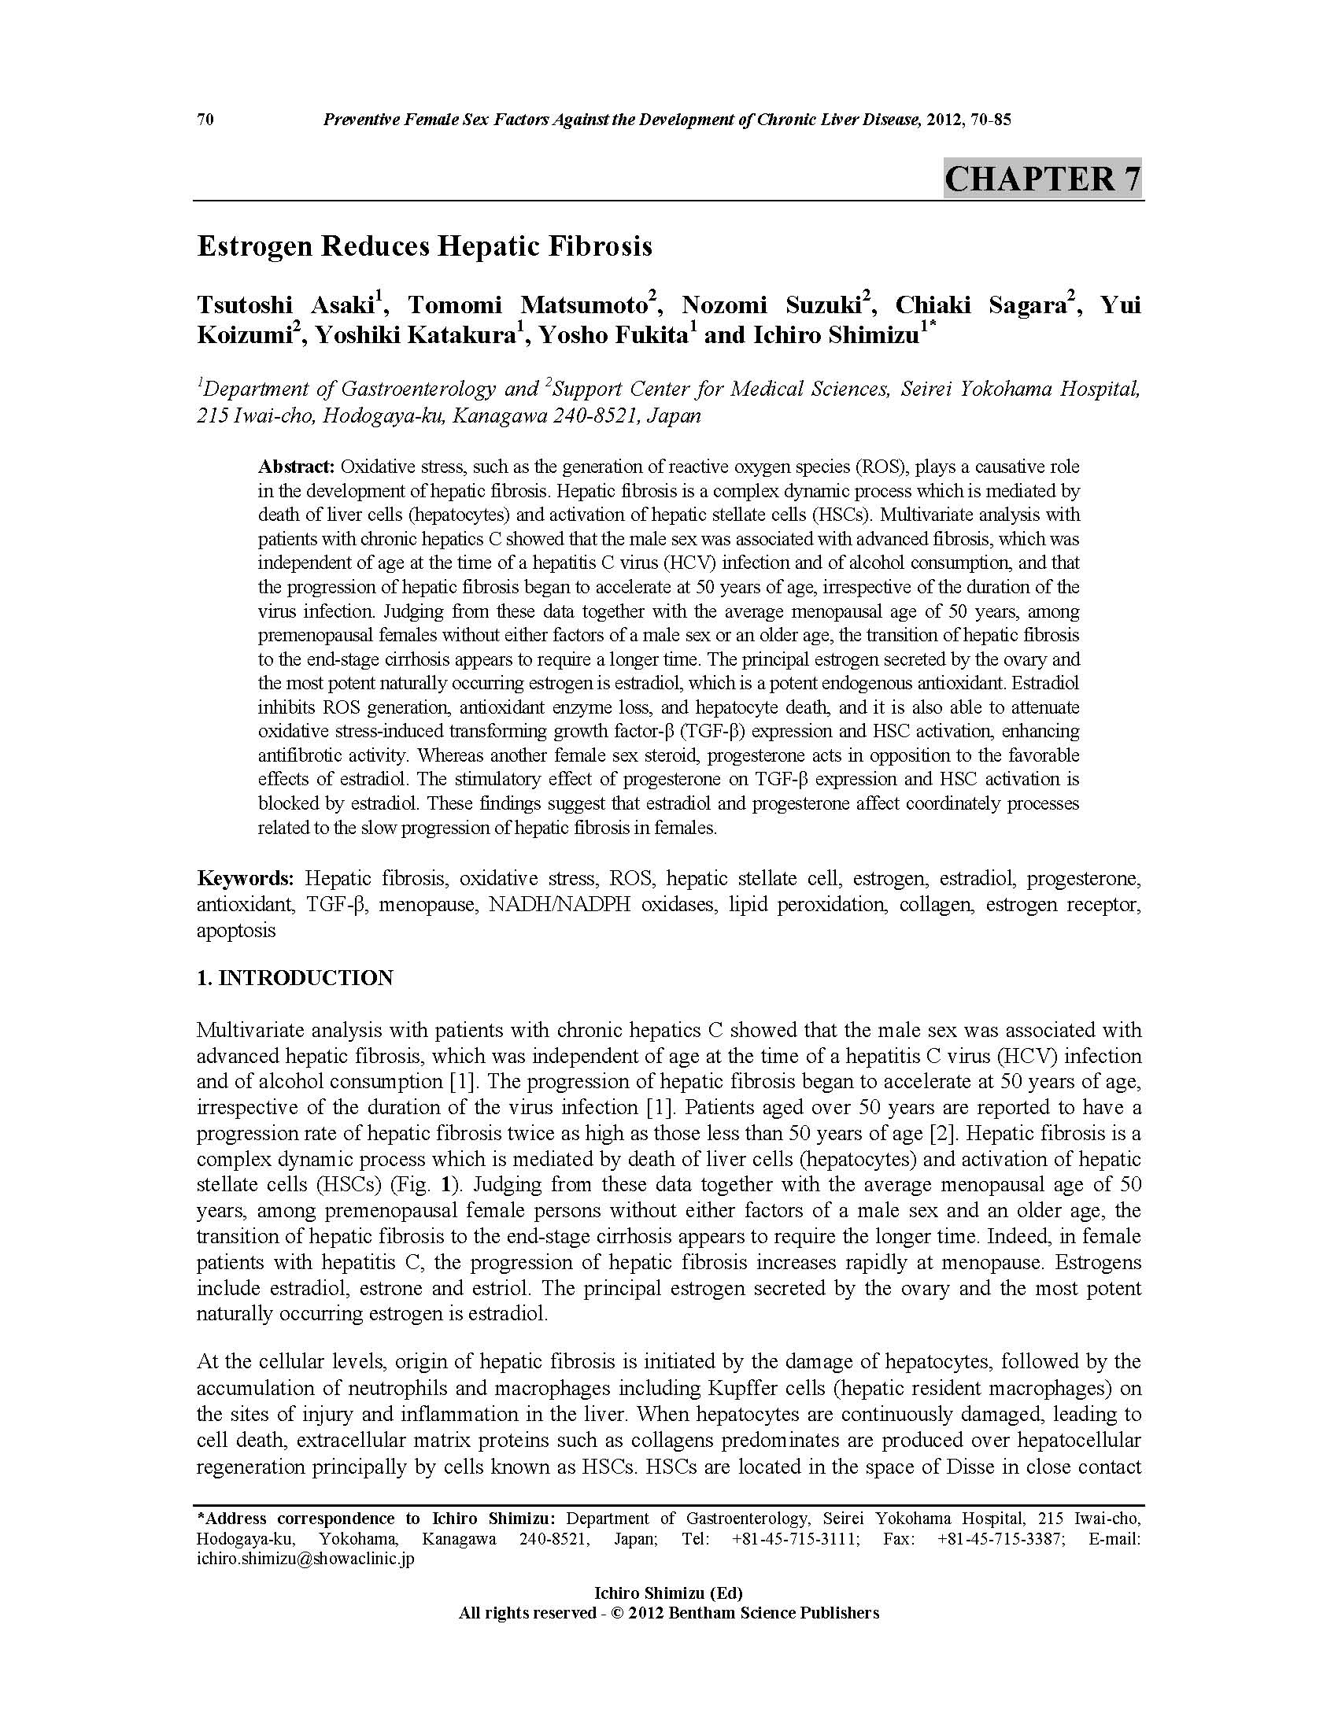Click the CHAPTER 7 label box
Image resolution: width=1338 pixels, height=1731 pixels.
tap(1041, 179)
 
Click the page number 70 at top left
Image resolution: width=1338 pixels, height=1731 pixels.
tap(205, 120)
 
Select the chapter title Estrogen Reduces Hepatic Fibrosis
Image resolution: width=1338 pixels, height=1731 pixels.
tap(424, 246)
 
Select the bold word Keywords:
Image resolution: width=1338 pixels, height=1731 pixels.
tap(245, 878)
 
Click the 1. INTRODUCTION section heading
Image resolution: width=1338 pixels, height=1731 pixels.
tap(295, 978)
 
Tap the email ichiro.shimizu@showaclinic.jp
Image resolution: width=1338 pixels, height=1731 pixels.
tap(305, 1559)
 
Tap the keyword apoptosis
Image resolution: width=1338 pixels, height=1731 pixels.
tap(236, 931)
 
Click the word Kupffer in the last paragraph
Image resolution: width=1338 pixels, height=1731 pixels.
tap(796, 1389)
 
